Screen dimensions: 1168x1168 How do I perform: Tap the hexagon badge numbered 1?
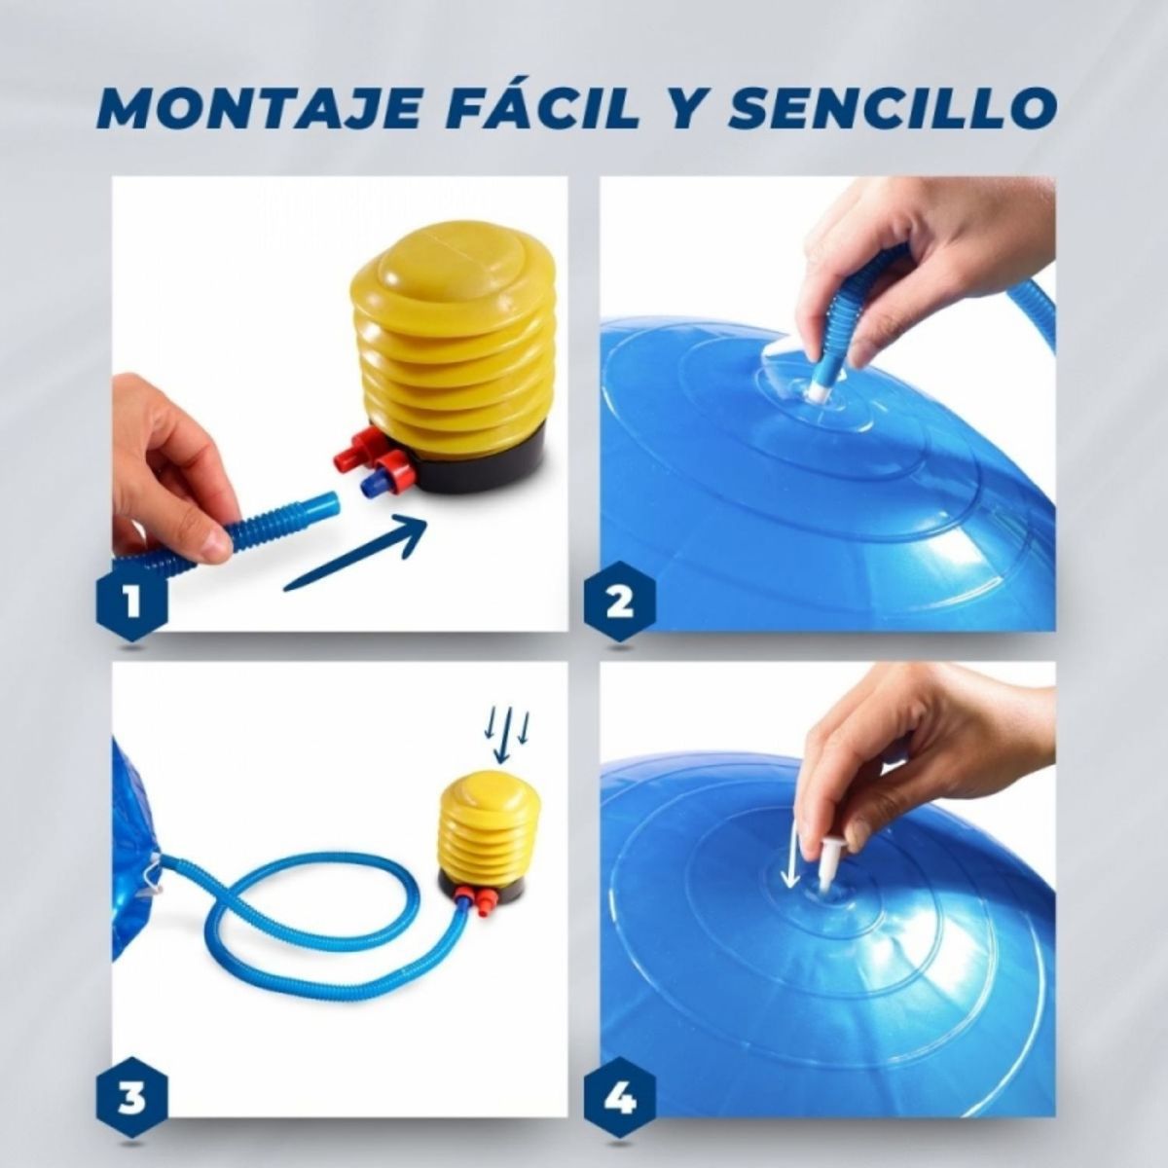133,602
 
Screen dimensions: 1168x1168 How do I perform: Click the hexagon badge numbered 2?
619,602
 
